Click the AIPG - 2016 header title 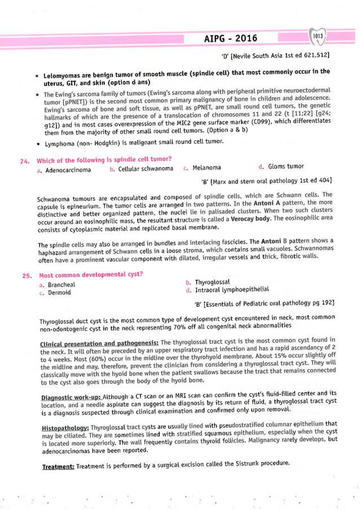click(x=230, y=38)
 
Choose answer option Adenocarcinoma click(x=68, y=169)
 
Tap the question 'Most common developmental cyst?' click(x=90, y=275)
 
